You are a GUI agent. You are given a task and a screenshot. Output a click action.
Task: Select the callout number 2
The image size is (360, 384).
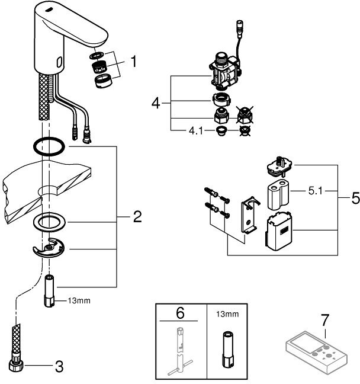pyautogui.click(x=137, y=217)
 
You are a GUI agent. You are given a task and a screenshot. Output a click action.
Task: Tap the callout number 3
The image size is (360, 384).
pyautogui.click(x=58, y=367)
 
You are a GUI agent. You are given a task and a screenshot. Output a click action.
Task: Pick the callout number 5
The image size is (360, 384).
pyautogui.click(x=355, y=199)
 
